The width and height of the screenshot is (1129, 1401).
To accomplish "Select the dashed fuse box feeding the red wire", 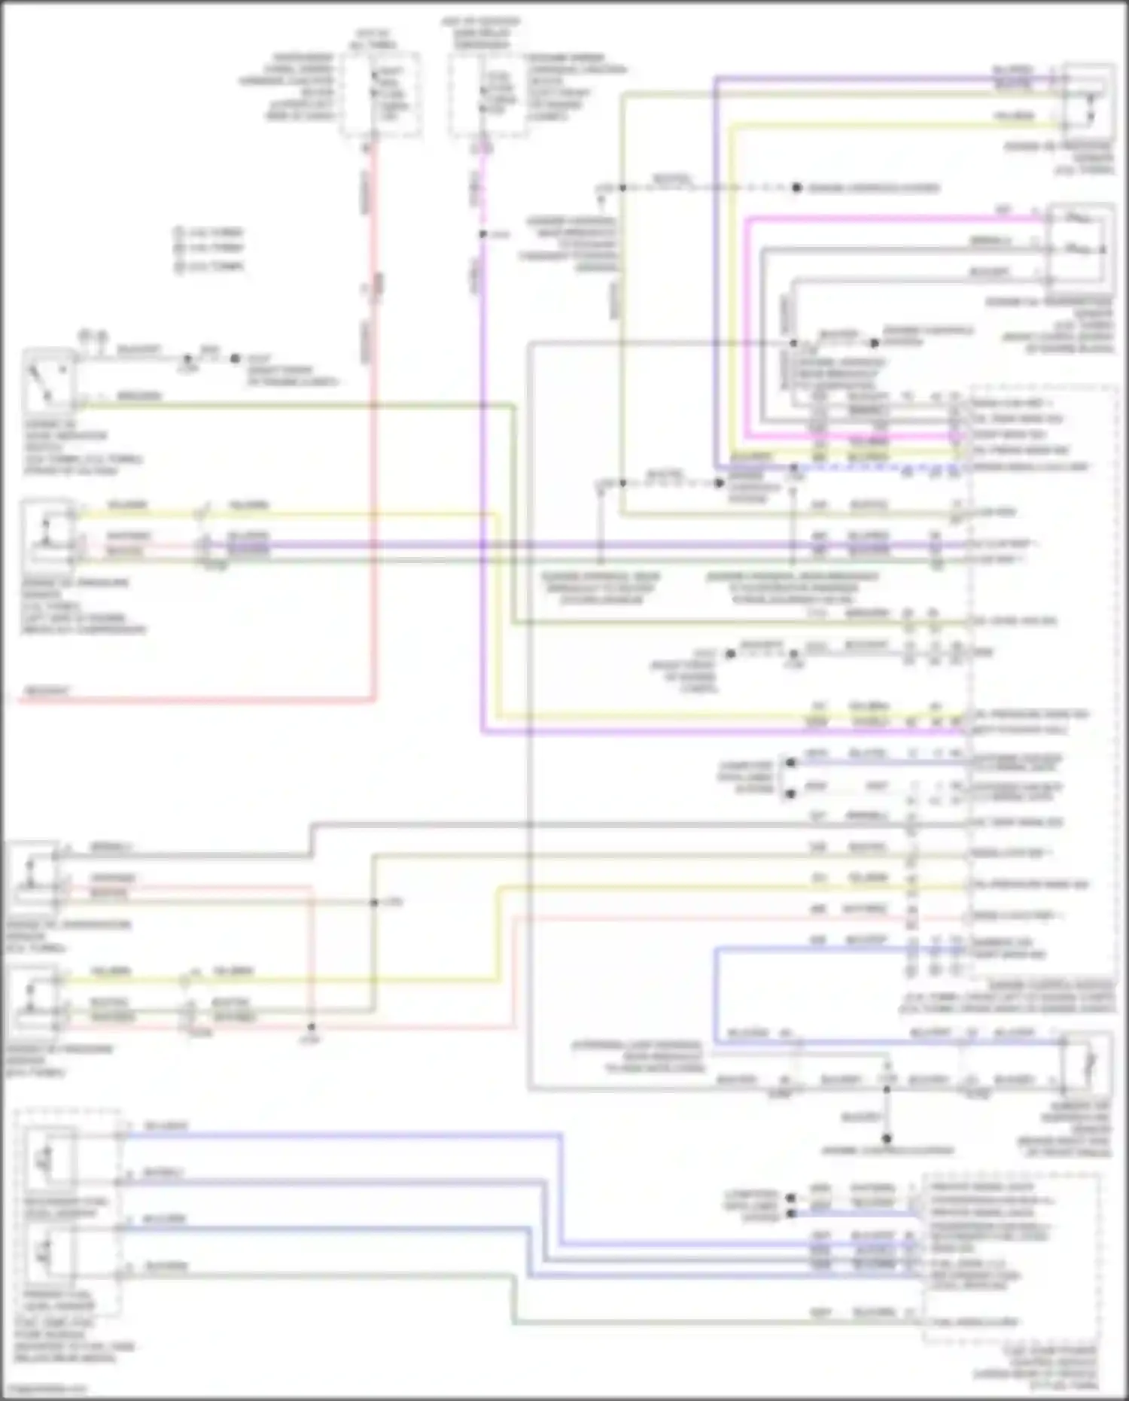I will tap(381, 95).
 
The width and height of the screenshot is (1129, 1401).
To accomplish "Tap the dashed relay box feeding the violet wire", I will tap(488, 95).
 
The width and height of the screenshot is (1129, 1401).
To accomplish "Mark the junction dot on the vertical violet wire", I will tap(482, 234).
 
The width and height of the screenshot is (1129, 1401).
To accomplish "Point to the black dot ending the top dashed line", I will tap(796, 187).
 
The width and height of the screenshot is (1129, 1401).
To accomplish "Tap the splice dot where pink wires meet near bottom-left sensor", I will tap(311, 1027).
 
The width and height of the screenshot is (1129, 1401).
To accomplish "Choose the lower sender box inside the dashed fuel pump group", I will tap(50, 1251).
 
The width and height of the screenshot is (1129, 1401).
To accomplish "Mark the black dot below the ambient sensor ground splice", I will tap(887, 1138).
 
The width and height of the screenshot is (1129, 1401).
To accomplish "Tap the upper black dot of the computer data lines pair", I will tap(790, 763).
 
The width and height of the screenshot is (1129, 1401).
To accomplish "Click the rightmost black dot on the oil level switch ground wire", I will tap(235, 359).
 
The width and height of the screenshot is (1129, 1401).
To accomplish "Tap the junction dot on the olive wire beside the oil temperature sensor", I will tap(374, 902).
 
